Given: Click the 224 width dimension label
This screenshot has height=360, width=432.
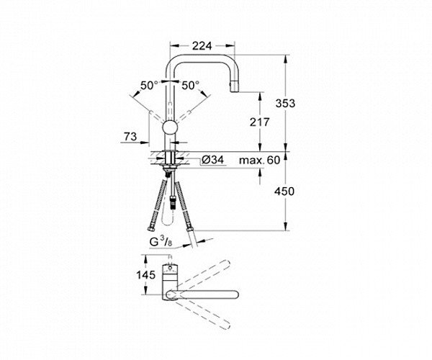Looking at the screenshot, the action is pyautogui.click(x=202, y=46).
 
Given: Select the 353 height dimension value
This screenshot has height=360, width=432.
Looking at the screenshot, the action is pyautogui.click(x=285, y=103).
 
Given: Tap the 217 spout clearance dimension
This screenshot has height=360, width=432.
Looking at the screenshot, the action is pyautogui.click(x=259, y=122).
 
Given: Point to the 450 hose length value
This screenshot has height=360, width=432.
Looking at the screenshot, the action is pyautogui.click(x=284, y=191).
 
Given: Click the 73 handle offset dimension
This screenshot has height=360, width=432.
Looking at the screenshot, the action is pyautogui.click(x=130, y=136).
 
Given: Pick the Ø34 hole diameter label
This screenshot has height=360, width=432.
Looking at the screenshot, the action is pyautogui.click(x=212, y=160).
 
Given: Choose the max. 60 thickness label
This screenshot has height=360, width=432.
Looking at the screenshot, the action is pyautogui.click(x=259, y=160).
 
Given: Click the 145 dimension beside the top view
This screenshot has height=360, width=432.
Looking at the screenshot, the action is pyautogui.click(x=145, y=274).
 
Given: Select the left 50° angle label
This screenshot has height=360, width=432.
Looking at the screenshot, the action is pyautogui.click(x=149, y=86).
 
